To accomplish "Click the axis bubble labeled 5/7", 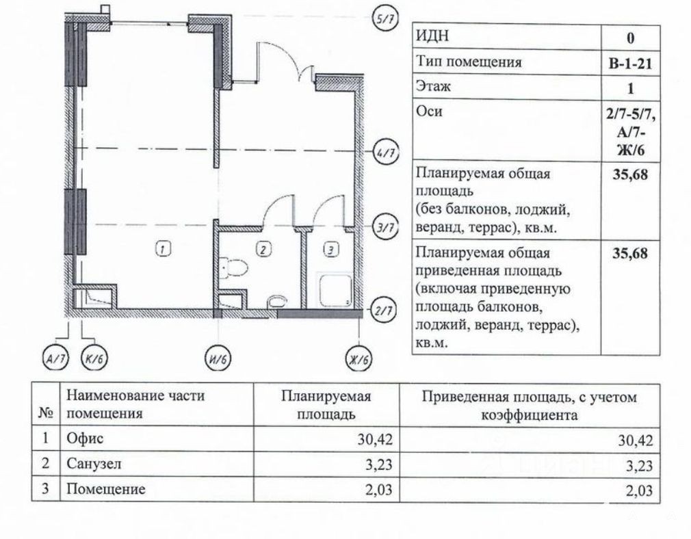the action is click(x=386, y=19).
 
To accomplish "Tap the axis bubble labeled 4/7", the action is click(x=386, y=153).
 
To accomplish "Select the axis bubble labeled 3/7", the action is click(x=386, y=228).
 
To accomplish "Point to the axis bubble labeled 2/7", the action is click(x=383, y=311).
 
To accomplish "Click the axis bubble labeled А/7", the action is click(x=56, y=358).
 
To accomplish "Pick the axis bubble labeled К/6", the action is click(x=94, y=358).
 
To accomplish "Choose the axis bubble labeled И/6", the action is click(x=218, y=358).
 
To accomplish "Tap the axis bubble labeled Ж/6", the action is click(x=358, y=358).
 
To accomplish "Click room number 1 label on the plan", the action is click(x=163, y=250).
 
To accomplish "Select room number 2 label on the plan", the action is click(x=263, y=250).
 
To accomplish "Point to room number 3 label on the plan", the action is click(x=331, y=250).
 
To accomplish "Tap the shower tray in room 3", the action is click(x=335, y=291).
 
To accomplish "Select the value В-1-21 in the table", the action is click(x=630, y=64).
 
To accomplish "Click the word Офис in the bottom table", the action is click(x=85, y=438).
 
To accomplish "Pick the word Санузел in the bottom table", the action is click(x=94, y=464).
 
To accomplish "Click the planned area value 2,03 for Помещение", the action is click(x=378, y=490).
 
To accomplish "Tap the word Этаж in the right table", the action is click(x=433, y=86).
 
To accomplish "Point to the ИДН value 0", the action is click(x=631, y=38).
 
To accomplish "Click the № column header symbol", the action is click(x=46, y=413).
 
